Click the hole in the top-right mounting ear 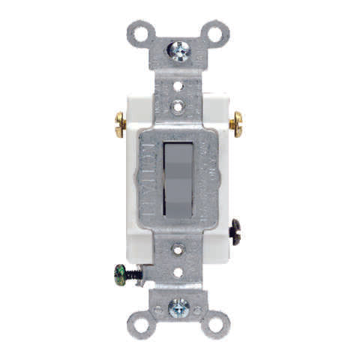(215, 33)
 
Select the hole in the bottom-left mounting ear (141, 324)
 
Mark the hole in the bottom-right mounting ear (215, 324)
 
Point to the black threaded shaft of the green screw (134, 274)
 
